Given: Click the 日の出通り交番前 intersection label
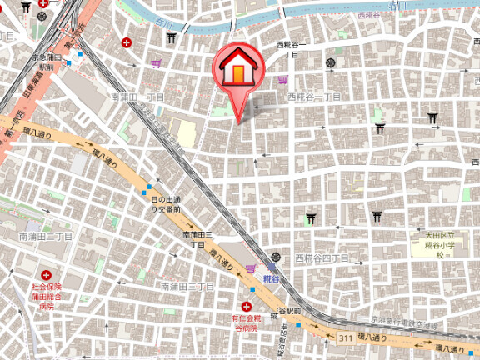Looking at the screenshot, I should [165, 204].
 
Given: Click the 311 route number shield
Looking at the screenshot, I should [345, 337].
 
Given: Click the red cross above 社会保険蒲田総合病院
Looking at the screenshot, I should [47, 274].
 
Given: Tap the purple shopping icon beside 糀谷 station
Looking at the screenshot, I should [250, 268].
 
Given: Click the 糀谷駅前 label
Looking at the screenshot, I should [287, 310].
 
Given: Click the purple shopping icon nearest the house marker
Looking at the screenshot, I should [283, 79].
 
